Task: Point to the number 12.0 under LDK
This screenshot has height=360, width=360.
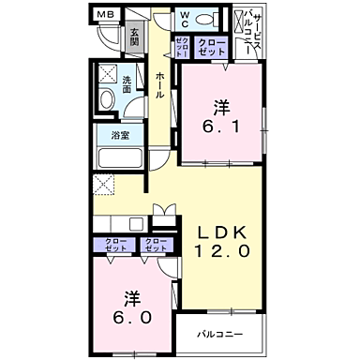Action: [x=221, y=251]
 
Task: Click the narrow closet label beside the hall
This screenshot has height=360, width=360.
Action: [x=182, y=49]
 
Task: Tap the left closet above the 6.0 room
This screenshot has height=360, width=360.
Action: [x=118, y=247]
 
